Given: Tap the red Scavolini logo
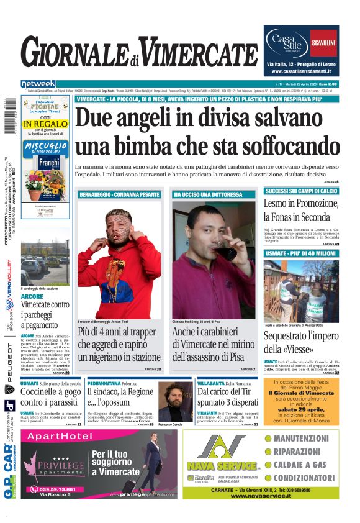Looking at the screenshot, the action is [x=323, y=43].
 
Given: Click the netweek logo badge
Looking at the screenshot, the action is [x=38, y=84].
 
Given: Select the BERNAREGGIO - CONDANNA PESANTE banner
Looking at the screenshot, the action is [x=110, y=194].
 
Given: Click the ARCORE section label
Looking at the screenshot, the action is [x=32, y=296].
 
